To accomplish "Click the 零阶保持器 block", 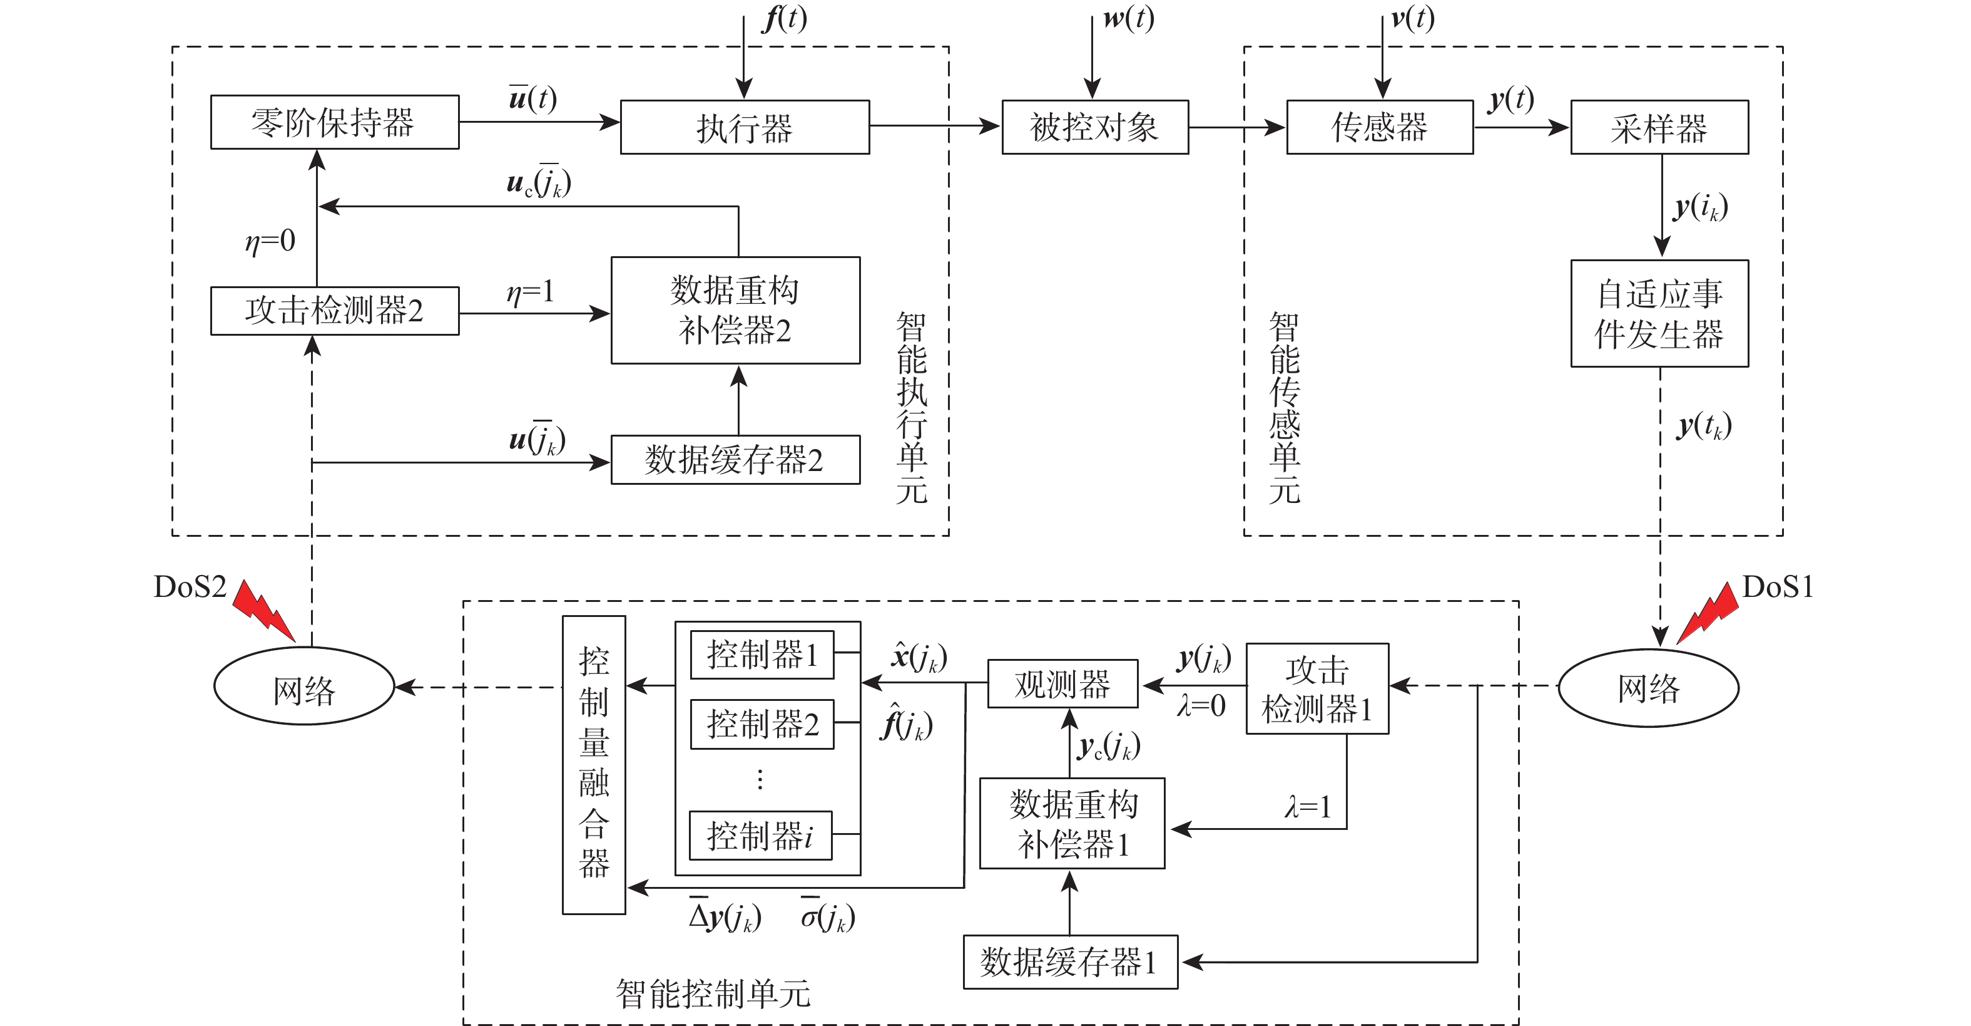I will point(334,122).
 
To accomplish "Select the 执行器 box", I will point(745,127).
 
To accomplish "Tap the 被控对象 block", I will point(1095,127).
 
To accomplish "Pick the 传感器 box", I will point(1380,127).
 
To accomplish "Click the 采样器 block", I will point(1659,127).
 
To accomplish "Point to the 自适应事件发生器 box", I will point(1659,314).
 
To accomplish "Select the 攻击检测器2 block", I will point(334,311).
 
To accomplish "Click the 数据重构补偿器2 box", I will point(735,310).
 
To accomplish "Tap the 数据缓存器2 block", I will point(735,459).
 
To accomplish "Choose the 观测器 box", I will point(1063,684).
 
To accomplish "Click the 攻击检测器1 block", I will point(1317,689).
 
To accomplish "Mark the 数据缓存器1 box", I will point(1070,961).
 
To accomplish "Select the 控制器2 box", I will point(762,723).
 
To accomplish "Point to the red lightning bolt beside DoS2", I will point(263,609).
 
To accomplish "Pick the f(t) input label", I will point(784,18).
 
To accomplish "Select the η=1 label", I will point(530,292).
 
